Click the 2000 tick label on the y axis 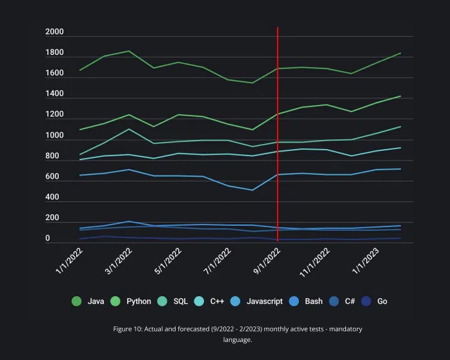point(54,32)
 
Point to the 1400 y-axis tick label point(54,95)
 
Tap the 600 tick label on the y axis point(52,177)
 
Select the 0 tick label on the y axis point(48,239)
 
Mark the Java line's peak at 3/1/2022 point(129,51)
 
